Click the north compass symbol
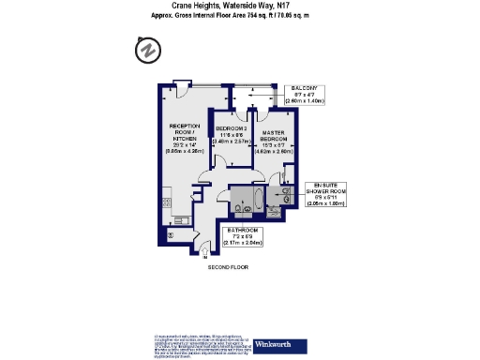point(146,50)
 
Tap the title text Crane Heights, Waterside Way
point(239,6)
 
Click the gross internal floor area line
point(239,16)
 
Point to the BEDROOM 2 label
point(231,127)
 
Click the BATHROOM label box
point(243,236)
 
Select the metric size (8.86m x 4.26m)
point(184,151)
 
